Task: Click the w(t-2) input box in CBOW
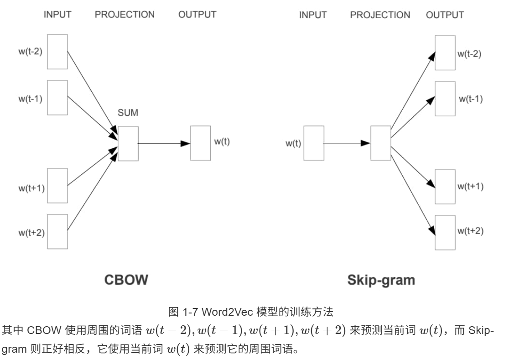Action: [57, 52]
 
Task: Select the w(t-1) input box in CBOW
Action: [57, 98]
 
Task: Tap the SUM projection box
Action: [128, 143]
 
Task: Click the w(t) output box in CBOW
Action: [200, 143]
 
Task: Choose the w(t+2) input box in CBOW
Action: [57, 231]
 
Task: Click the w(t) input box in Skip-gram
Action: [313, 143]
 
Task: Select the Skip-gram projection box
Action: [380, 143]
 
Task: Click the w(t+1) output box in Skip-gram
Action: [445, 186]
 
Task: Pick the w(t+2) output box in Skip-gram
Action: [445, 232]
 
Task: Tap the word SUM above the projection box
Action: [128, 112]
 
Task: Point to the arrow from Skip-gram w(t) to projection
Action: [347, 143]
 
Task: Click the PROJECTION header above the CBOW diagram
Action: [125, 15]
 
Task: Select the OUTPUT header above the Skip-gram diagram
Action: [445, 15]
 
